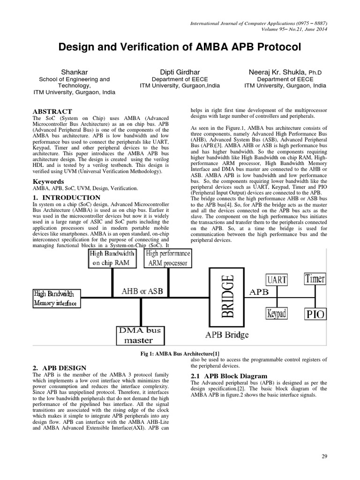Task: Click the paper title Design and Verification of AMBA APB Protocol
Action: pos(180,47)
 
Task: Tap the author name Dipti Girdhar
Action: pos(180,72)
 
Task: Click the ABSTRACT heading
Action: pos(52,111)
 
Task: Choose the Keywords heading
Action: pos(48,181)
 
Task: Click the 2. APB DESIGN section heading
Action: pos(59,367)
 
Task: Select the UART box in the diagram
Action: pos(277,280)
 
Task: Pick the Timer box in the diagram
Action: pos(315,278)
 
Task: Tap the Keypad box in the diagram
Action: pos(277,313)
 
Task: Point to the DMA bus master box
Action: pos(139,335)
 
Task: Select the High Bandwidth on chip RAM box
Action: pos(112,258)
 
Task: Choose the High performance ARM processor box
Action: pos(167,258)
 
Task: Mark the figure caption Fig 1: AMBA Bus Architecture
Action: pos(182,353)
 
